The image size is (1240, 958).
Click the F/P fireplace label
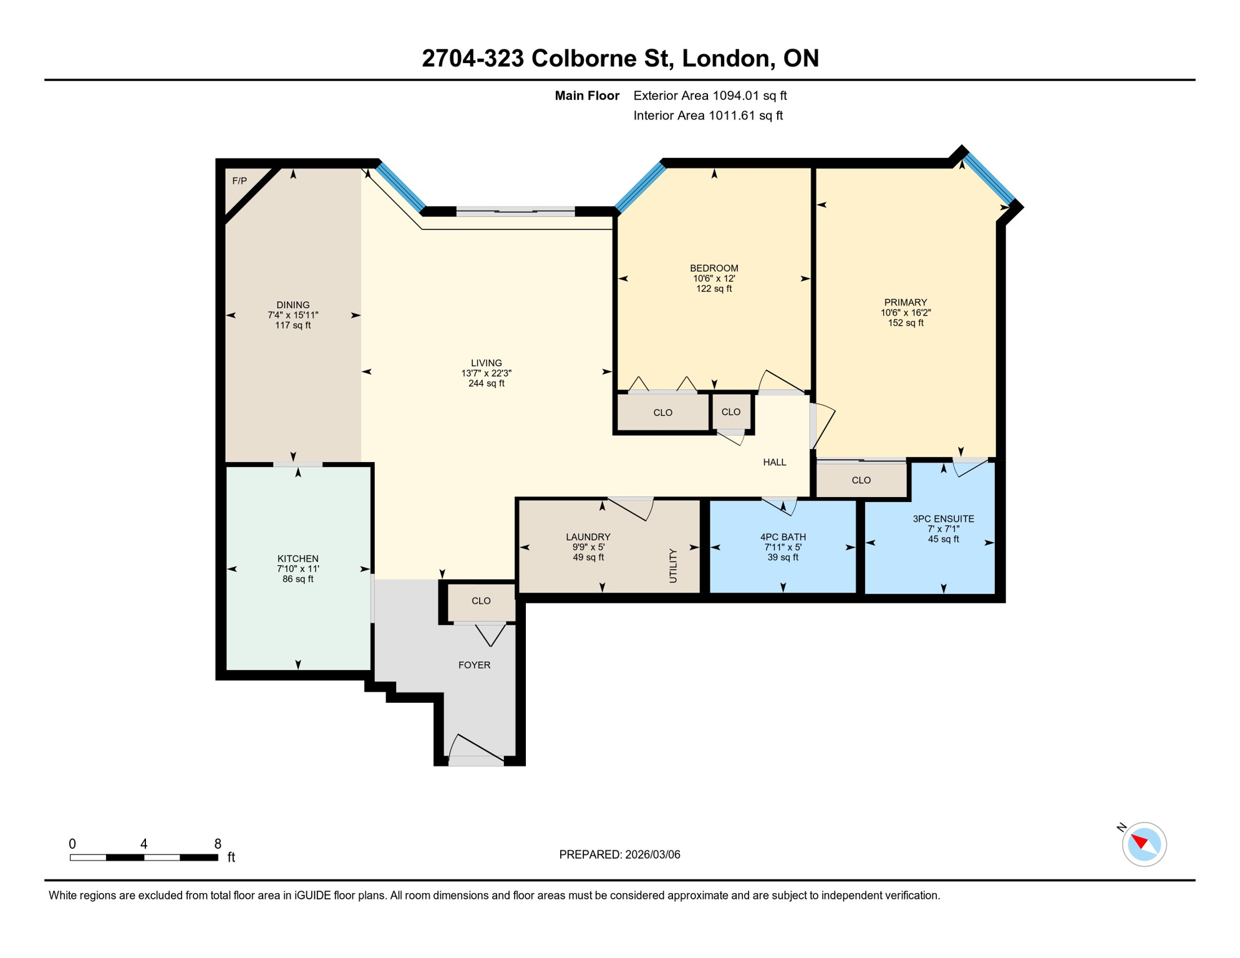[240, 181]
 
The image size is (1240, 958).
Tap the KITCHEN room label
[298, 558]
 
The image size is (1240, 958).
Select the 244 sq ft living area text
[486, 384]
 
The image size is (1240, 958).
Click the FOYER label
[474, 665]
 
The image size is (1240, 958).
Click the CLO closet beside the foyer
[480, 601]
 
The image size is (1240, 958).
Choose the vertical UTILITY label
[672, 565]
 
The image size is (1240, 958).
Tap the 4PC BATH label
[782, 536]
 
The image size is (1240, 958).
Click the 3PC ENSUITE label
[942, 518]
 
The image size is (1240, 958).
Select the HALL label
[774, 462]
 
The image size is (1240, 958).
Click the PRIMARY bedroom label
[905, 302]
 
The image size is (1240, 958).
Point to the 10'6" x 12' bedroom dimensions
[714, 278]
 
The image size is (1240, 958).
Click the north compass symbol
[1143, 844]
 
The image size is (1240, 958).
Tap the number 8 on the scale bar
[217, 844]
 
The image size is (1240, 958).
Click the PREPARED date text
[619, 854]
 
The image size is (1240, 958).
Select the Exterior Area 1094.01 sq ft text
[709, 95]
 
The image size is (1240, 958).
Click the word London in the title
[725, 58]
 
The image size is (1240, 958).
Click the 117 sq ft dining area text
[293, 326]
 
